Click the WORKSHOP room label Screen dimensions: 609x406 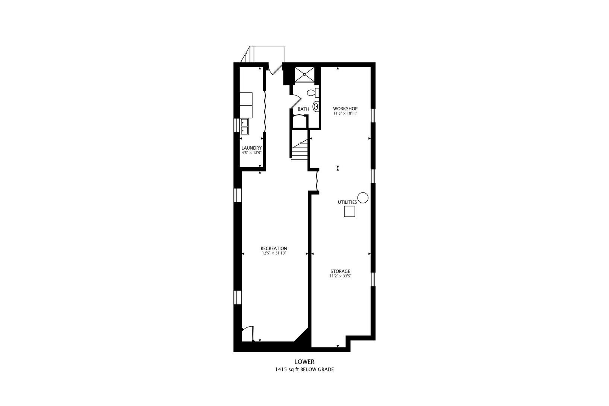coord(345,109)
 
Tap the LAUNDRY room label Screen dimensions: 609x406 coord(251,148)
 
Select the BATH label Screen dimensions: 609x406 coord(303,109)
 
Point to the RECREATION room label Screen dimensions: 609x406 coord(274,248)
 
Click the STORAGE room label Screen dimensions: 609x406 coord(340,271)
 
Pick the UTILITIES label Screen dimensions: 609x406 coord(347,202)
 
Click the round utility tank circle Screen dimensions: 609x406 coord(363,198)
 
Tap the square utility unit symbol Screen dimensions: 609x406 coord(349,211)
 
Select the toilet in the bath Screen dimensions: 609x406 coord(313,93)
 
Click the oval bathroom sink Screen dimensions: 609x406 coord(316,106)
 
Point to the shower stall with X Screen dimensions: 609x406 coord(304,74)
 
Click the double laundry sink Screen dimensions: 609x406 coord(54,126)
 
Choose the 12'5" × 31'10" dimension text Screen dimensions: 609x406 coord(274,253)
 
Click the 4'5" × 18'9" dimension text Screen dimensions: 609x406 coord(251,153)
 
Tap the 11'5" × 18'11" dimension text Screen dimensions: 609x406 coord(345,114)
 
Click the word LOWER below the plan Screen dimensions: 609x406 coord(304,362)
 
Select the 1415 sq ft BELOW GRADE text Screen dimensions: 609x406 coord(304,370)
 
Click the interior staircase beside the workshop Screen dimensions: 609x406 coord(300,148)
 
